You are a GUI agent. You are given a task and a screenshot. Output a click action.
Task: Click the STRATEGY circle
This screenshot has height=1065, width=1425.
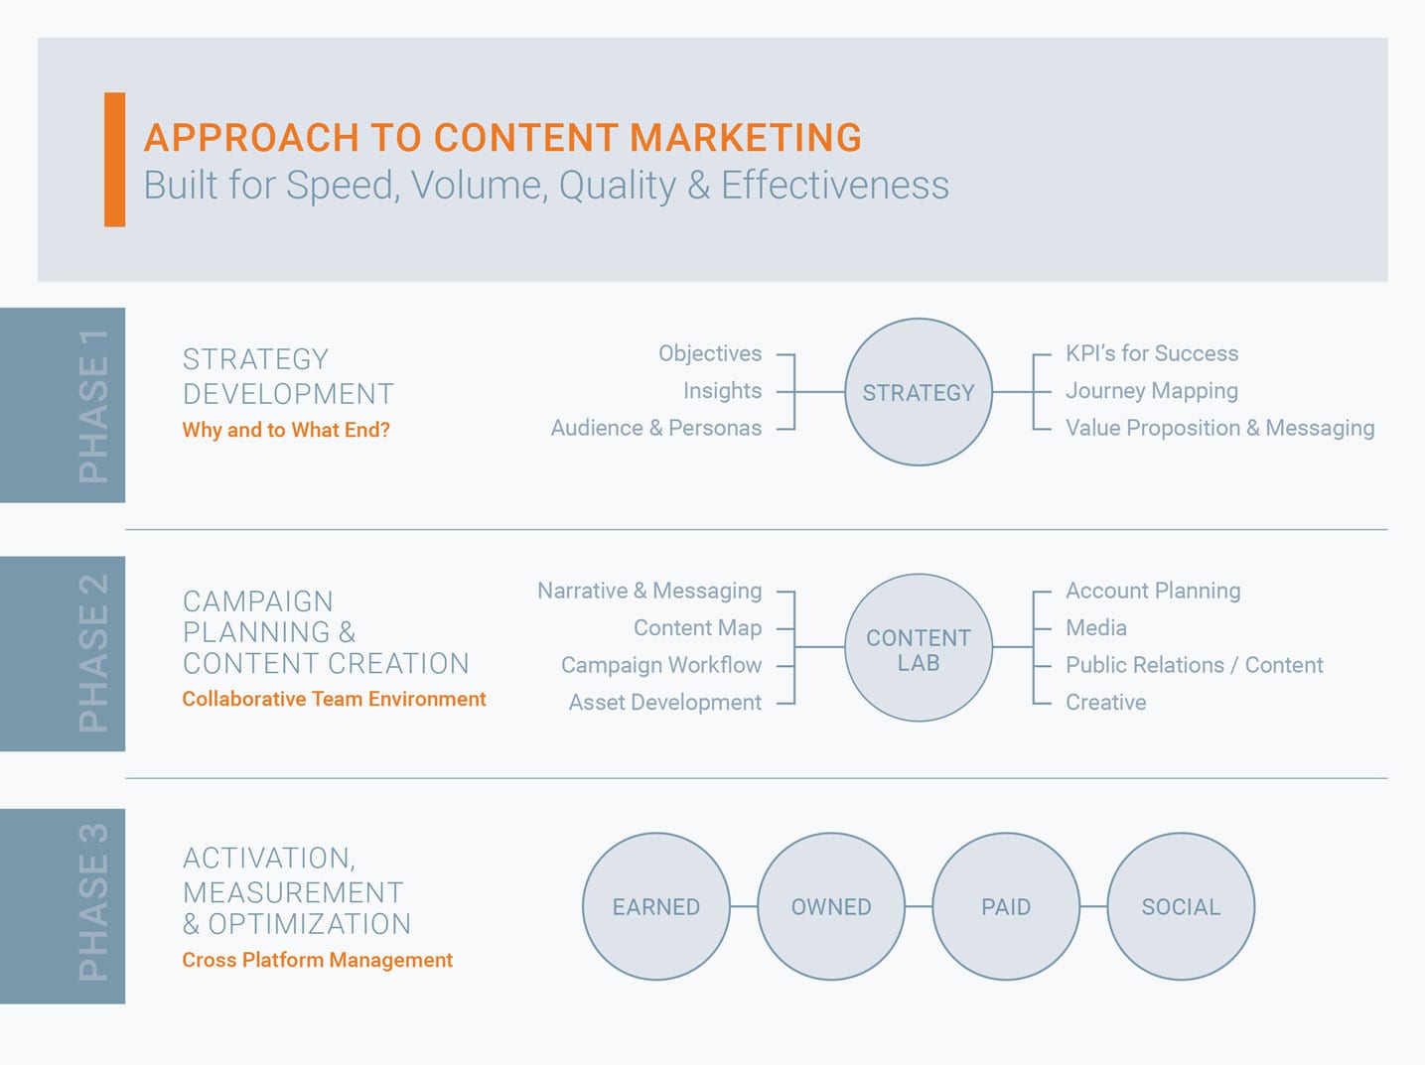point(918,392)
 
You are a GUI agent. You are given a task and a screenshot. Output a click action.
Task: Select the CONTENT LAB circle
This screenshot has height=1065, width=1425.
point(918,647)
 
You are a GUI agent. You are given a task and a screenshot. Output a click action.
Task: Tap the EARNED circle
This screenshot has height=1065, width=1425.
point(655,906)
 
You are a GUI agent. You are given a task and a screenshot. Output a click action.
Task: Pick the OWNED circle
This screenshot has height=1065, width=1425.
point(831,906)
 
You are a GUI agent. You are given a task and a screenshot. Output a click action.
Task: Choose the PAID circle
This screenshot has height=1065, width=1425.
point(1006,906)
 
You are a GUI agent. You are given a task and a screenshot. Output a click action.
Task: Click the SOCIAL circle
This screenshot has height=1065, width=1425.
point(1181,906)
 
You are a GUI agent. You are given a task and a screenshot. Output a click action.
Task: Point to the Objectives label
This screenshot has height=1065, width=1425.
point(710,353)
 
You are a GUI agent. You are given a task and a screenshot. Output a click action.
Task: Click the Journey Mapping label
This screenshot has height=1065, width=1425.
point(1152,391)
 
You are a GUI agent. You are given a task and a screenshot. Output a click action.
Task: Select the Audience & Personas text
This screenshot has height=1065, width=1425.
point(656,428)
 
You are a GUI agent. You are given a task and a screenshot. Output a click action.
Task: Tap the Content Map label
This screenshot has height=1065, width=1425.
point(697,628)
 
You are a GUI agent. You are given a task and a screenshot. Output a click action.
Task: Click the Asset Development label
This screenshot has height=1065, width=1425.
point(664,703)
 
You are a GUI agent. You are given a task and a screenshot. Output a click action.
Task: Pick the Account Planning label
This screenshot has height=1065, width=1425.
point(1153,591)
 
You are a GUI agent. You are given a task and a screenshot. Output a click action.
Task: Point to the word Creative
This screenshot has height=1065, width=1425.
point(1105,703)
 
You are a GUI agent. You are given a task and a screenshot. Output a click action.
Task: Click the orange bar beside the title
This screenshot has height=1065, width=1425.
point(115,160)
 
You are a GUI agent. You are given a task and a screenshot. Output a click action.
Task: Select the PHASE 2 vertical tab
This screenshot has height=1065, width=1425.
point(63,654)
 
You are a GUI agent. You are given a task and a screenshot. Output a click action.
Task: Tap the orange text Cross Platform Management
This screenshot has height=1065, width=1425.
point(317,960)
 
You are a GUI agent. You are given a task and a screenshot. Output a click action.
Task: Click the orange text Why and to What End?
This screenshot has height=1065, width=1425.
point(286,430)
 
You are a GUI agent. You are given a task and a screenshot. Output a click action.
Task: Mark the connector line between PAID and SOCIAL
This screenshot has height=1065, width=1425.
point(1094,906)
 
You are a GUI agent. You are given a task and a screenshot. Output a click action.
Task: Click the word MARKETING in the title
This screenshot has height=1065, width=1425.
point(746,138)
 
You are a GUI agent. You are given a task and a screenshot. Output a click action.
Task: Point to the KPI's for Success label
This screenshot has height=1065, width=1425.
point(1152,353)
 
